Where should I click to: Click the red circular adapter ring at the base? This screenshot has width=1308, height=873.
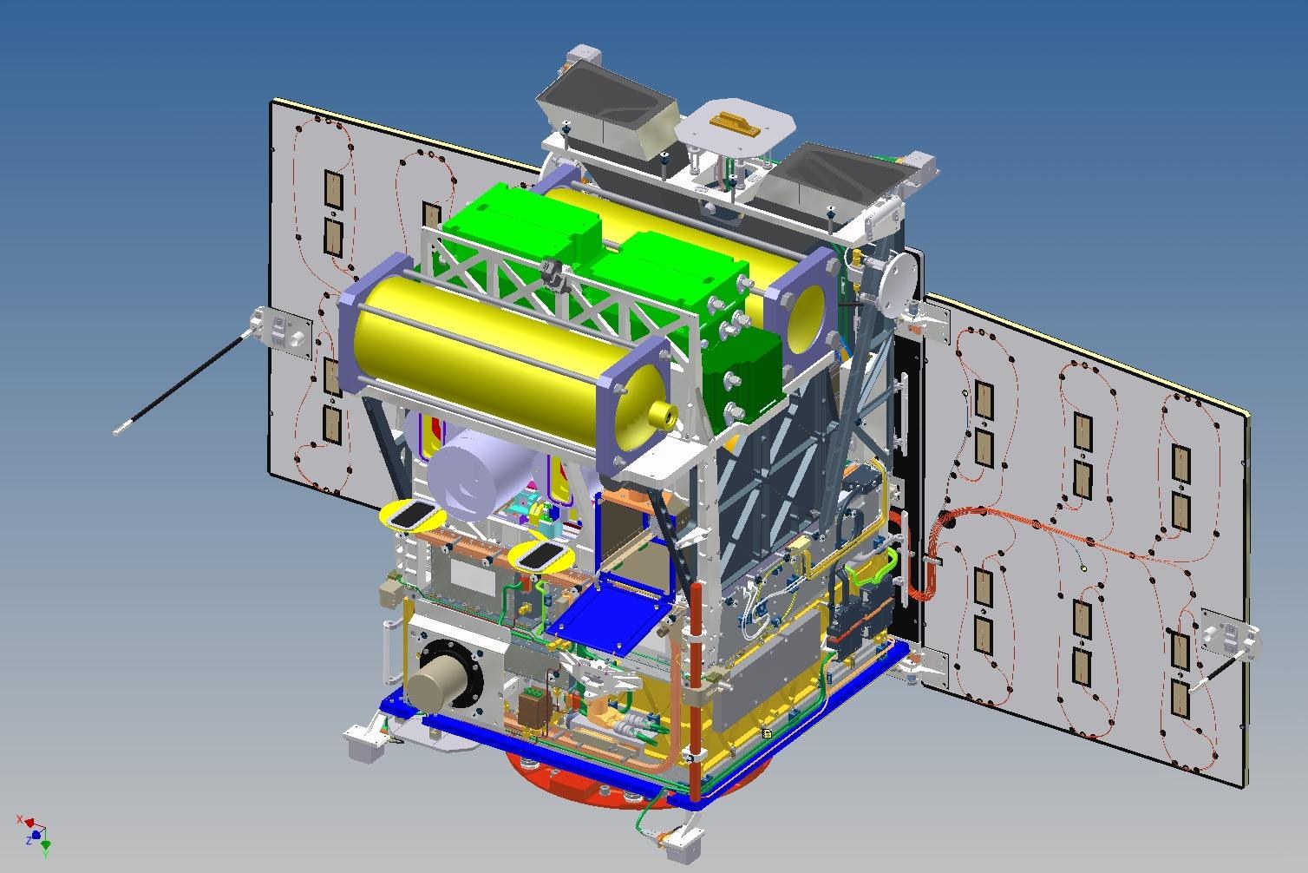(x=555, y=771)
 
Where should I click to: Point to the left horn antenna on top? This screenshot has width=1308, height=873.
(x=607, y=113)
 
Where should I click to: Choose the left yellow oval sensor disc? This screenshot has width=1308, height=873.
(x=411, y=515)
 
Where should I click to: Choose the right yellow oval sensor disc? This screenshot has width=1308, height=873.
(x=537, y=556)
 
